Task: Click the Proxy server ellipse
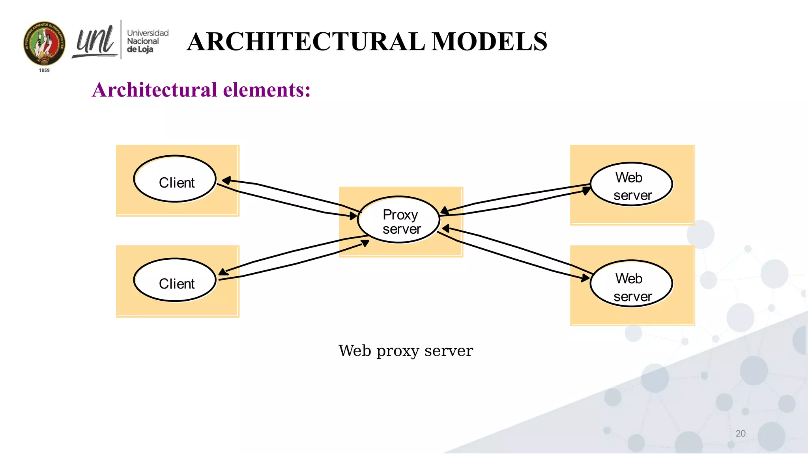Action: coord(398,220)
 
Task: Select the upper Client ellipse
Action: coord(175,179)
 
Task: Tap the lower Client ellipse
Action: coord(175,280)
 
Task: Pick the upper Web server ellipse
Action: coord(631,184)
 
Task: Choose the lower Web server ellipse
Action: coord(631,283)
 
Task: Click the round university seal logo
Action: coord(44,43)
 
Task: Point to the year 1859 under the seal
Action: coord(44,70)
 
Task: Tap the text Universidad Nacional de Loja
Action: coord(147,41)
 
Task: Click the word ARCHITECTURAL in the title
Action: coord(306,42)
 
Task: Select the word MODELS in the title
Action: coord(489,42)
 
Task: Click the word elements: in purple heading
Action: coord(267,90)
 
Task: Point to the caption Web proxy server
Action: coord(406,350)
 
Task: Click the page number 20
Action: coord(740,434)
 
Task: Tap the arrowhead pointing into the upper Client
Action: coord(226,180)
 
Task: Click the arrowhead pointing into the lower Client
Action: coord(223,272)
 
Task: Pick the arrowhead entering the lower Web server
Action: coord(585,278)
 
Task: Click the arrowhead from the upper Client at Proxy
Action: coord(353,216)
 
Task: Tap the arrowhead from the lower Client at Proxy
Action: coord(365,243)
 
